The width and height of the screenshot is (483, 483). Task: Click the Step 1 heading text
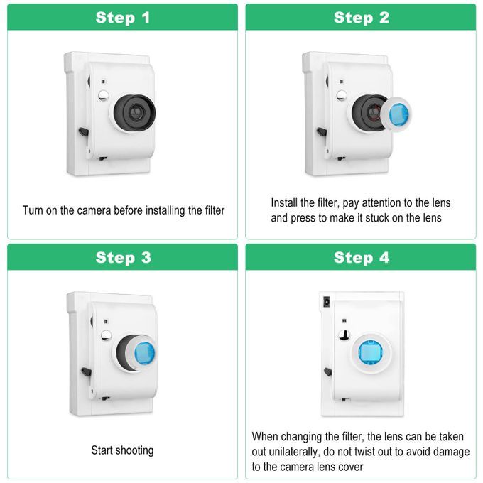point(123,18)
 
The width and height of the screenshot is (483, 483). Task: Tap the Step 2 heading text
point(362,18)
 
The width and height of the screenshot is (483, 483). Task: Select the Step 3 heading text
point(123,258)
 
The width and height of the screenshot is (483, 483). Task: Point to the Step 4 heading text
point(362,258)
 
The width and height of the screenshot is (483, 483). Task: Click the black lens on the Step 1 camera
point(134,112)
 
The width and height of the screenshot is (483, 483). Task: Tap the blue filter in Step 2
point(399,114)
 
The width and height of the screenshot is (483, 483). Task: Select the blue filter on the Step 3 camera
point(145,353)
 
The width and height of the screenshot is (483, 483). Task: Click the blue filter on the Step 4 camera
point(370,352)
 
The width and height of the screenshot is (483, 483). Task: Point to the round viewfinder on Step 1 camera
point(104,95)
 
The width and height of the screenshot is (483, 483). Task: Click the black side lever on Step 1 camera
point(84,132)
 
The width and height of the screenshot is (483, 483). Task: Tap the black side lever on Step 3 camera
point(86,371)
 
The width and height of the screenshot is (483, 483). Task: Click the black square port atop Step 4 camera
point(326,302)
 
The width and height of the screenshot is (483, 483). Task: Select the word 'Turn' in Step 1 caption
point(33,210)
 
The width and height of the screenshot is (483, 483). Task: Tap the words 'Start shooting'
point(122,450)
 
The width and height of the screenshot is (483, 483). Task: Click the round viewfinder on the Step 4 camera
point(344,335)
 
